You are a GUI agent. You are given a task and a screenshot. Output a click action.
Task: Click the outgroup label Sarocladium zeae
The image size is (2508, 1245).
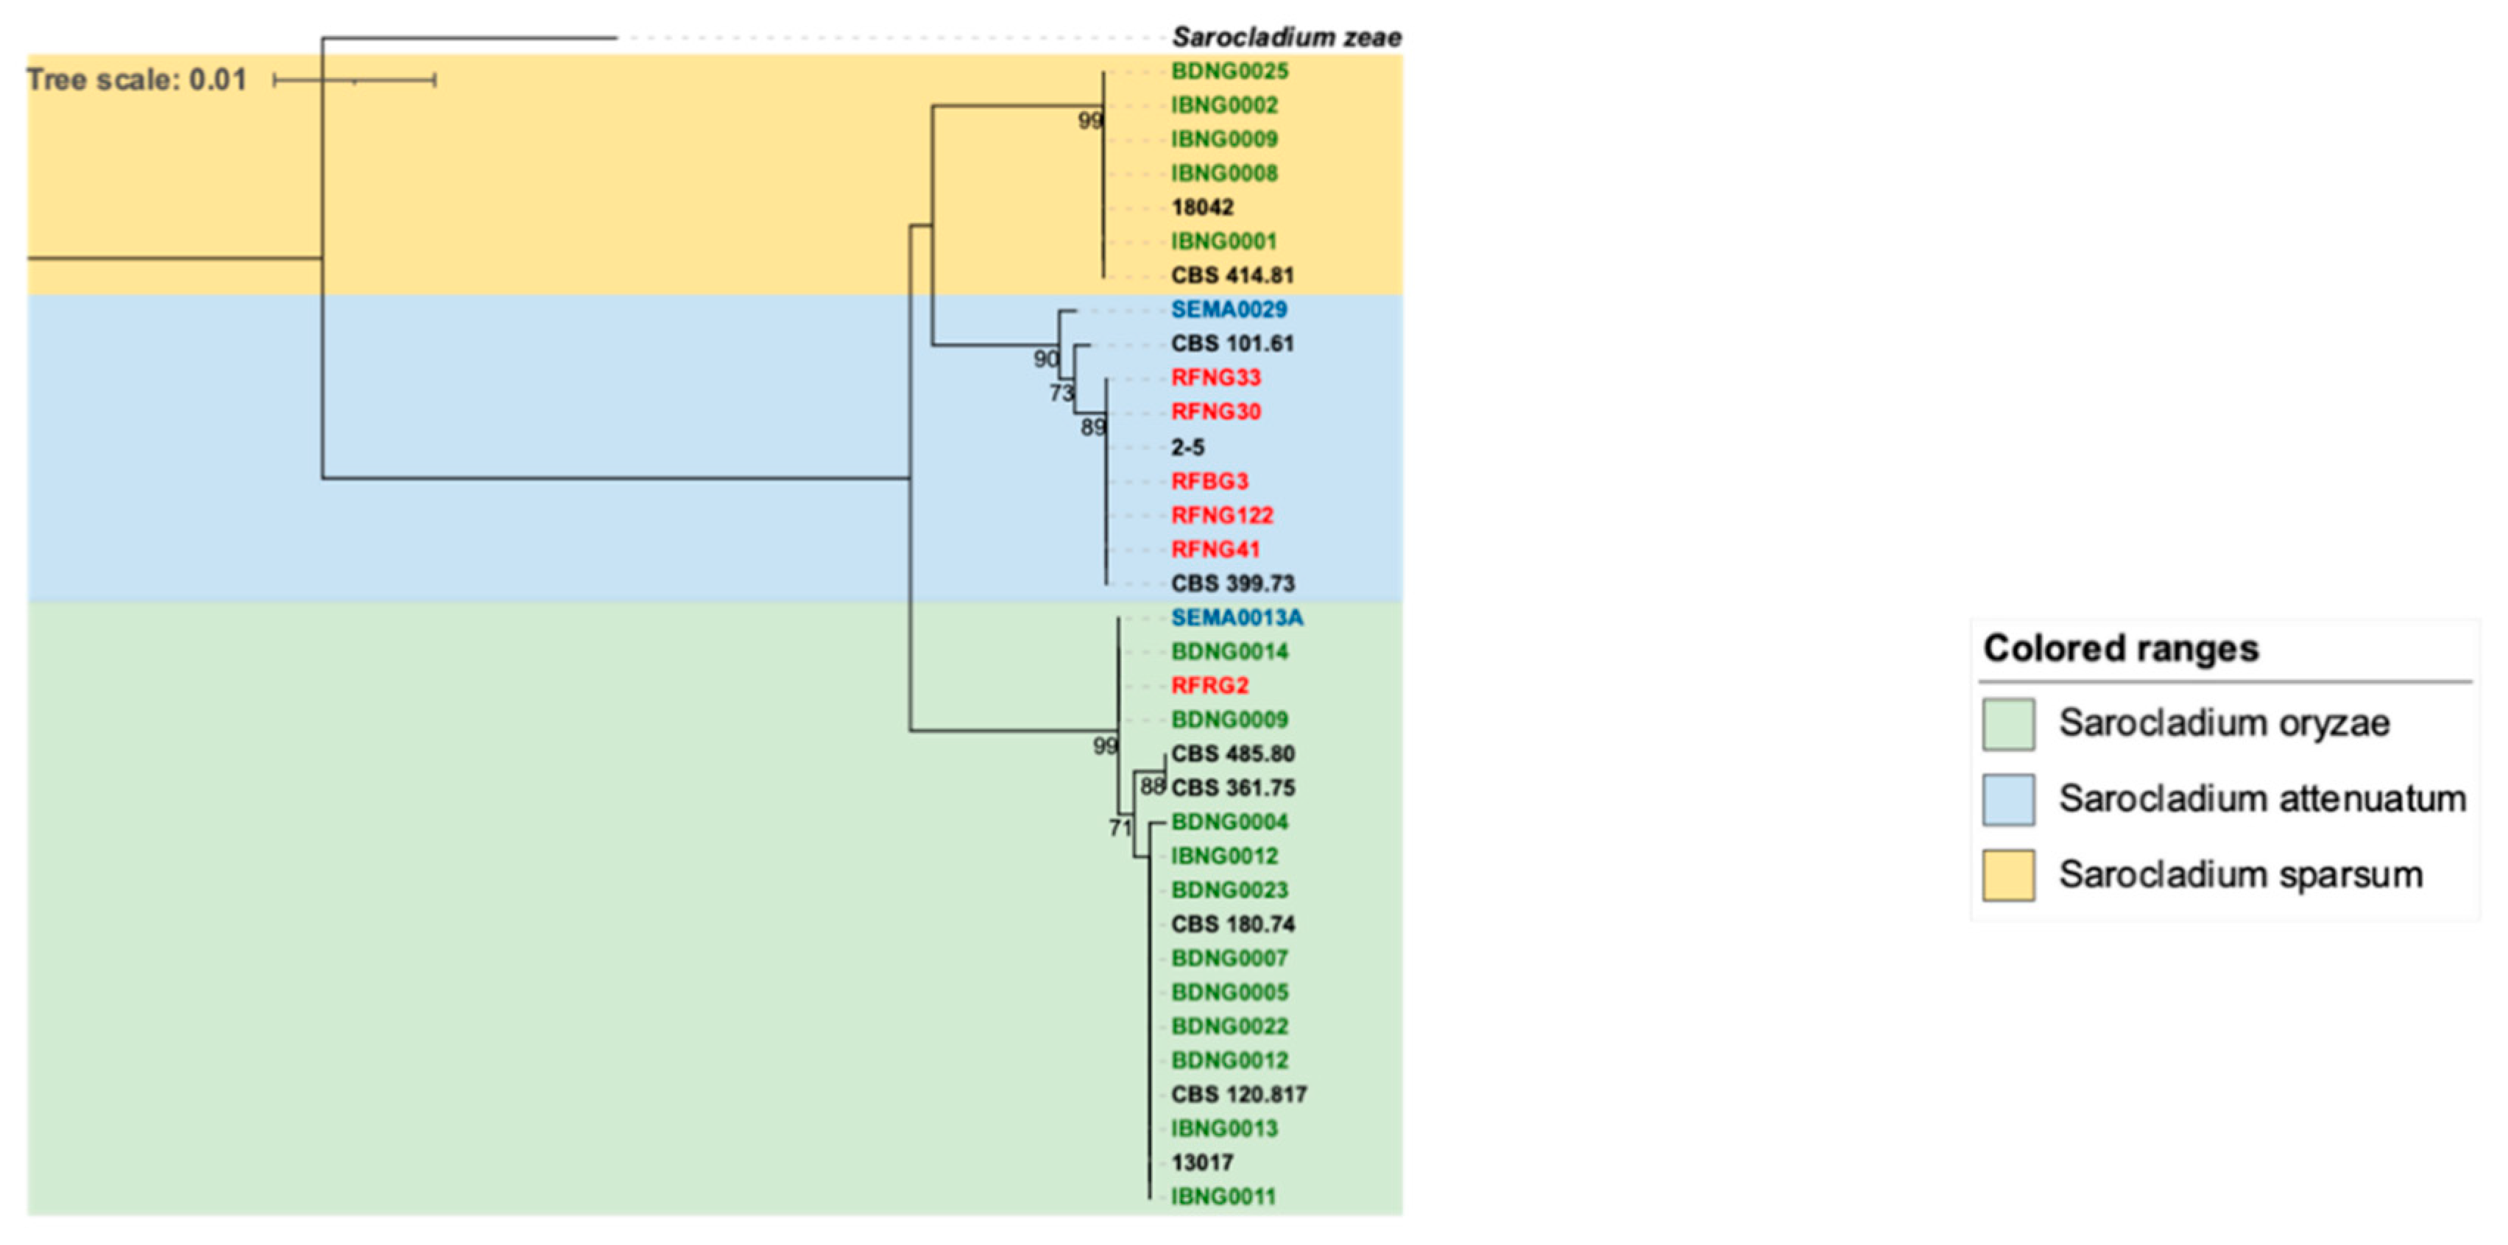[1285, 38]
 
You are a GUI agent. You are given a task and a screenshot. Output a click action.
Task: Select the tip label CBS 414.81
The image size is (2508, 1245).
[1232, 275]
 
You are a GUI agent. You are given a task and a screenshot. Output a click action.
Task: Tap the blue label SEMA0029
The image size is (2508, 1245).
[1228, 310]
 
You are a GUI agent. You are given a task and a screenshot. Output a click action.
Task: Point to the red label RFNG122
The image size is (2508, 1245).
[1221, 515]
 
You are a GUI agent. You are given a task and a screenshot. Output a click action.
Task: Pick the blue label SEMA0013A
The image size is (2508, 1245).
[1237, 617]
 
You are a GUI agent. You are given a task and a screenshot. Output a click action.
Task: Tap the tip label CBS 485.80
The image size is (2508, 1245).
[1232, 753]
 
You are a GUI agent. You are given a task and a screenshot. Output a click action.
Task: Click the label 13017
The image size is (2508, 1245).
[1201, 1163]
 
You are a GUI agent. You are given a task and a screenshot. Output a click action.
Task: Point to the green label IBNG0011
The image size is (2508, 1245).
[1223, 1196]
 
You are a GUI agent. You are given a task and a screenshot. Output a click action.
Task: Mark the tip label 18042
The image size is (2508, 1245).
[1201, 207]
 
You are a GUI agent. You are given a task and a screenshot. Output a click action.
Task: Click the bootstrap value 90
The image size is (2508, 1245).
[1045, 359]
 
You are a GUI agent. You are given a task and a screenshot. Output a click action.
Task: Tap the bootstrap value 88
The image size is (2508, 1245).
[1153, 787]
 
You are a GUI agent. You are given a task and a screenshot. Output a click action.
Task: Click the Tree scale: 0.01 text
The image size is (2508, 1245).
[136, 79]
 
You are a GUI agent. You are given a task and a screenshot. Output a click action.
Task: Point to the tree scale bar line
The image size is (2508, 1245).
[354, 79]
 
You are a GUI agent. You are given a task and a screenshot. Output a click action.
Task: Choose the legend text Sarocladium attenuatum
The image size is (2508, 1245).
[2261, 799]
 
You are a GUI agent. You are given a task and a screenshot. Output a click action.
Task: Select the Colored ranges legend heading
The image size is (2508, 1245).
[2121, 648]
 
